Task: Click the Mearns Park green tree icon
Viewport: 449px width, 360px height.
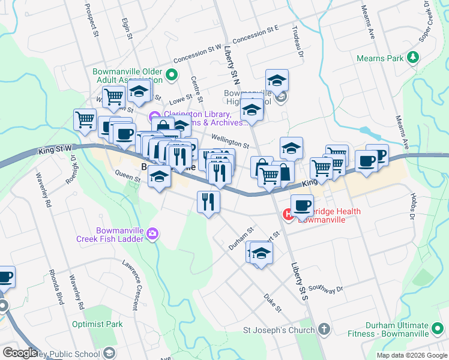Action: tap(412, 58)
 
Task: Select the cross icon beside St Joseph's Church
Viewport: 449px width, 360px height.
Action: tap(324, 329)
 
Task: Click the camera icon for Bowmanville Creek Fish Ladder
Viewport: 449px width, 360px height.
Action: tap(152, 233)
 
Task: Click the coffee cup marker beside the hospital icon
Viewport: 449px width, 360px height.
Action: tap(303, 205)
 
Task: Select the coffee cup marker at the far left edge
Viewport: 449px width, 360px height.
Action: tap(5, 277)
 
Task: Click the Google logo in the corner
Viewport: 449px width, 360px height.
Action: tap(20, 353)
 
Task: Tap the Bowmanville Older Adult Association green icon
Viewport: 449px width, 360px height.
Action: tap(171, 76)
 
